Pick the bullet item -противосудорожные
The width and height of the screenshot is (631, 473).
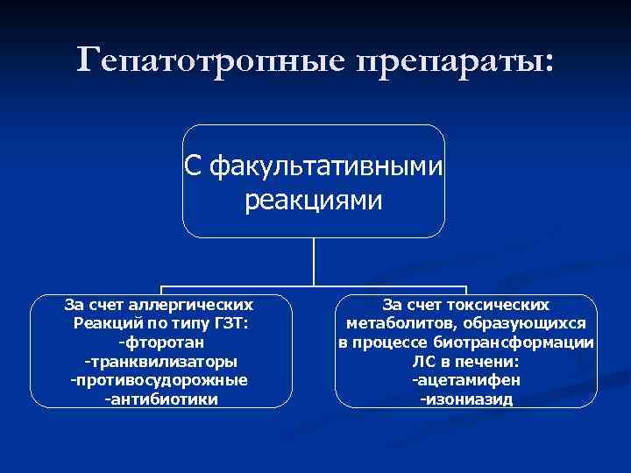pyautogui.click(x=160, y=381)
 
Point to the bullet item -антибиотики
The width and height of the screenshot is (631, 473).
pyautogui.click(x=160, y=399)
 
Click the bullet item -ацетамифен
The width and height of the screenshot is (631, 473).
pyautogui.click(x=466, y=381)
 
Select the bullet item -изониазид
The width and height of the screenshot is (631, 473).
pyautogui.click(x=466, y=400)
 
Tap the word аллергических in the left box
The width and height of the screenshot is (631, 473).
pyautogui.click(x=202, y=306)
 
